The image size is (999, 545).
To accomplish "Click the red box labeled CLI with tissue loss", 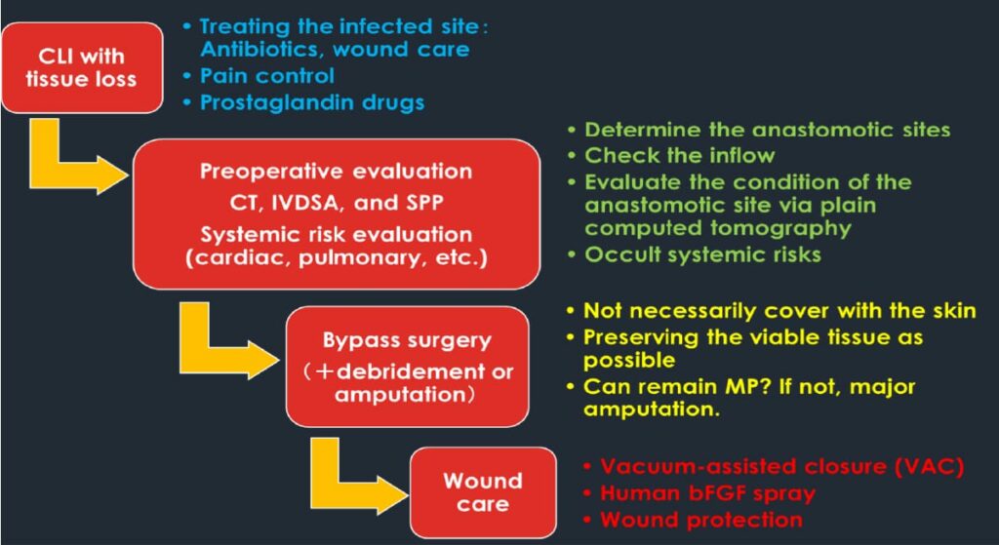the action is (81, 68).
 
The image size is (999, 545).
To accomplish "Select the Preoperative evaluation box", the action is (337, 214).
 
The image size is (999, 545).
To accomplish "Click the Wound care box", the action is (483, 492).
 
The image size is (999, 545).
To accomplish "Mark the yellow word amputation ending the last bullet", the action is (652, 409).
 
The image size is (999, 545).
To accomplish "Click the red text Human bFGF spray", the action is (708, 493).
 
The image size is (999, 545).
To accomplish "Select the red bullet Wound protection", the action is (701, 520).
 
